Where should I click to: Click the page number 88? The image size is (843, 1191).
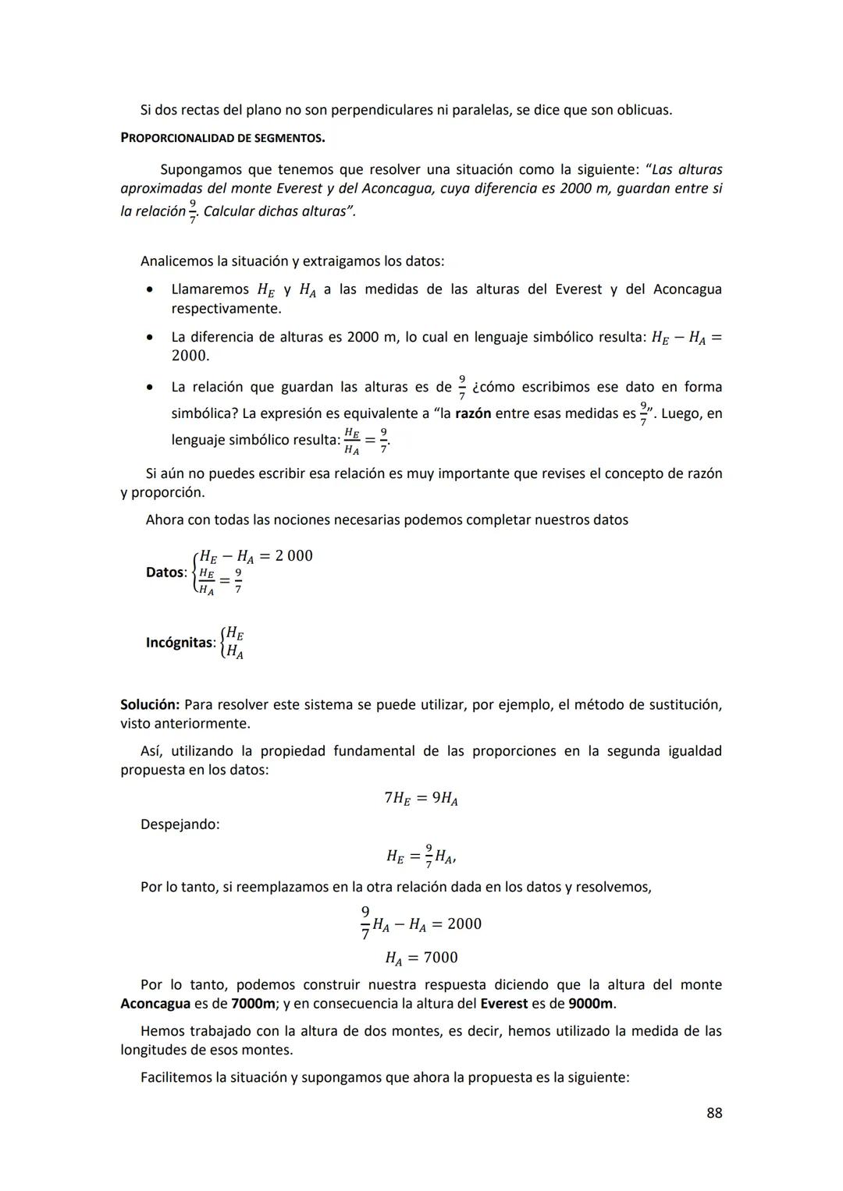point(713,1113)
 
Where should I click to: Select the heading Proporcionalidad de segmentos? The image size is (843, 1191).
point(222,138)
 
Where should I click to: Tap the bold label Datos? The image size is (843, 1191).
point(165,572)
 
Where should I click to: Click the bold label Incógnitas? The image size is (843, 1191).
point(180,643)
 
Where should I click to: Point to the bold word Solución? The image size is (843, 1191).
point(149,705)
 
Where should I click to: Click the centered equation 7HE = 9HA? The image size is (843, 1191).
point(421,798)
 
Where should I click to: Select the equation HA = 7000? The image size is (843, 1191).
point(421,957)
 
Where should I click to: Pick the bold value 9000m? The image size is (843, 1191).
point(591,1004)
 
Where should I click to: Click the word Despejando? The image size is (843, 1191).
point(180,824)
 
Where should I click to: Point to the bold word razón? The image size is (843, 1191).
point(472,413)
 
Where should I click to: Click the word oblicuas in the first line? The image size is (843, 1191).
point(643,110)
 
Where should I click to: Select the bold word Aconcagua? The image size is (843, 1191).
point(155,1004)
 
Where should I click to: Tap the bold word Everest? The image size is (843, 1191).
point(503,1004)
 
